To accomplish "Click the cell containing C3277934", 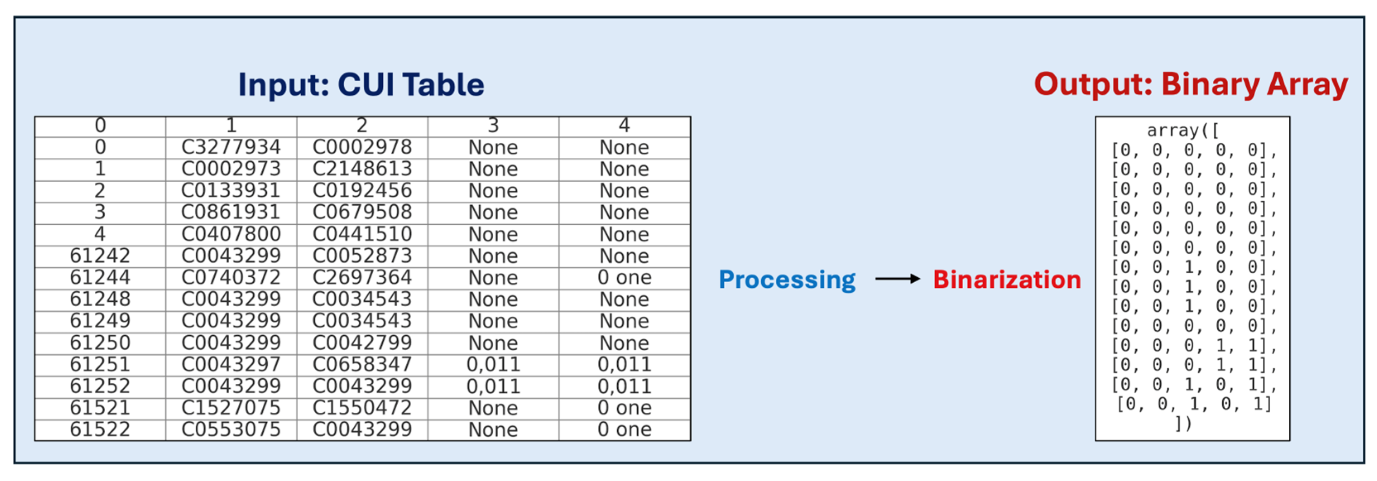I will pyautogui.click(x=231, y=147).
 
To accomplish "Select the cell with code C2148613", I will pyautogui.click(x=362, y=169).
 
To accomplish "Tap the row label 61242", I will pyautogui.click(x=100, y=256).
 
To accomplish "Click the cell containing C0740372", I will pyautogui.click(x=231, y=278).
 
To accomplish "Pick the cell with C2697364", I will pyautogui.click(x=362, y=278).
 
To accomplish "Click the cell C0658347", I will pyautogui.click(x=362, y=364).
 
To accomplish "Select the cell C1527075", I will pyautogui.click(x=231, y=408).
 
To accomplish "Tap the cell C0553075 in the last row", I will pyautogui.click(x=231, y=430).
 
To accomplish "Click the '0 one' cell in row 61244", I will pyautogui.click(x=624, y=278).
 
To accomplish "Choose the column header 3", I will pyautogui.click(x=493, y=126).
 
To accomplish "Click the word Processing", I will pyautogui.click(x=787, y=279).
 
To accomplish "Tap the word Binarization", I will pyautogui.click(x=1007, y=279).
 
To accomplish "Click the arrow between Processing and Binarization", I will pyautogui.click(x=897, y=279).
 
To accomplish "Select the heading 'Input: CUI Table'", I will pyautogui.click(x=361, y=84).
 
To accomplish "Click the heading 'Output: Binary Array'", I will pyautogui.click(x=1191, y=84).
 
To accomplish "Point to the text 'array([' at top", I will pyautogui.click(x=1183, y=130).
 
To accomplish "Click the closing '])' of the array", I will pyautogui.click(x=1183, y=424).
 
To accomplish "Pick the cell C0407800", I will pyautogui.click(x=231, y=234).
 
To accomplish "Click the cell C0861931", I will pyautogui.click(x=231, y=212).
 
